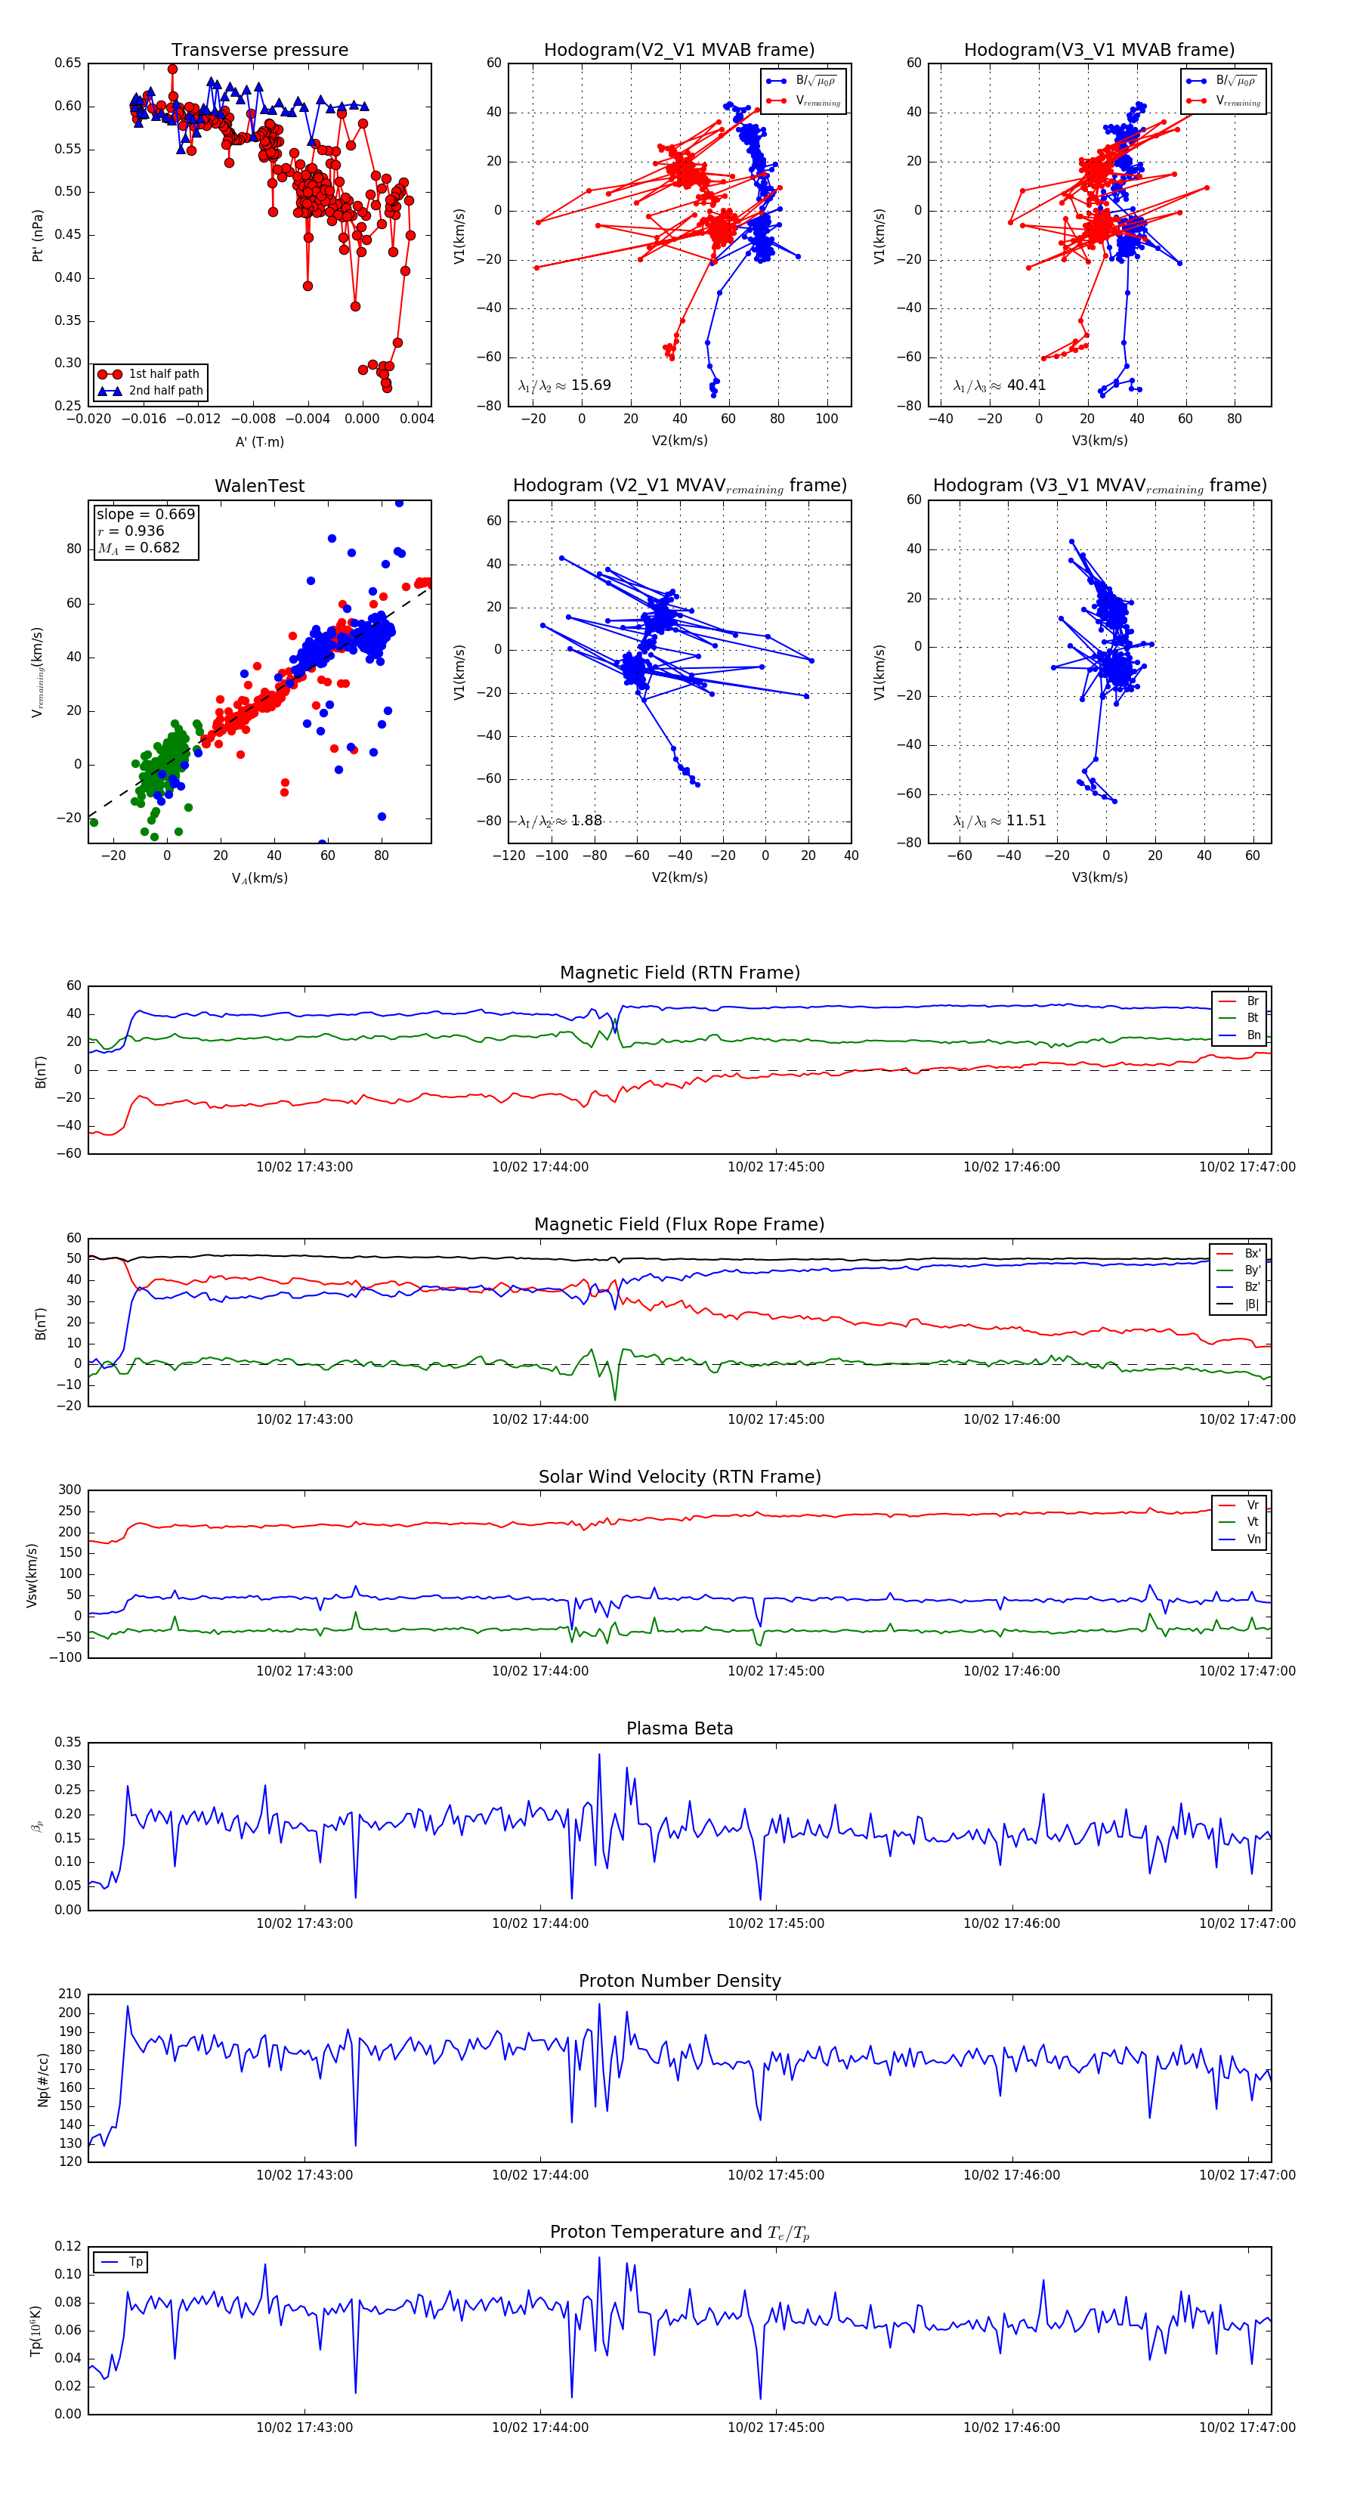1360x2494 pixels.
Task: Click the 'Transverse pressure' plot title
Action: pyautogui.click(x=259, y=51)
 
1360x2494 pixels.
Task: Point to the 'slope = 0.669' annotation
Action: pyautogui.click(x=145, y=514)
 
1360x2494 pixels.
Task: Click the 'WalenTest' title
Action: pyautogui.click(x=259, y=486)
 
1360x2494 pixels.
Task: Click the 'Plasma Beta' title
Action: pyautogui.click(x=679, y=1729)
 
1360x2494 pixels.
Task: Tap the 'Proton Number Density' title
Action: pyautogui.click(x=679, y=1981)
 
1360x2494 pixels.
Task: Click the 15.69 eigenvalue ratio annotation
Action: pyautogui.click(x=564, y=385)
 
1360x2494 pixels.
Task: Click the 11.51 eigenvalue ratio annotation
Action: pyautogui.click(x=1000, y=821)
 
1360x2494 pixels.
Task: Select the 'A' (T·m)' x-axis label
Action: pyautogui.click(x=259, y=441)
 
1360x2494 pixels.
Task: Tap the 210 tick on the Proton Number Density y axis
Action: pyautogui.click(x=70, y=1994)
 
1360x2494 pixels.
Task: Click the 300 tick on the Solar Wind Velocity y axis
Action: pyautogui.click(x=70, y=1490)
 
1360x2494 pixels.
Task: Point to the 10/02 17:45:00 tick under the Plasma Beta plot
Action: pyautogui.click(x=775, y=1923)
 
